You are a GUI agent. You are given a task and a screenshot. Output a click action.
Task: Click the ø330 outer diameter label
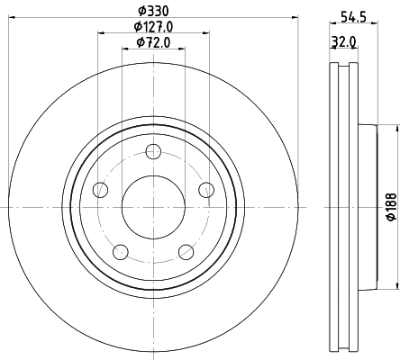tap(153, 11)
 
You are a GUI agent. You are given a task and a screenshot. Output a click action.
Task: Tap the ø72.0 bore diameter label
tap(153, 42)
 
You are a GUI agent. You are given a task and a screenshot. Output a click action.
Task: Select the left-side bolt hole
tap(100, 190)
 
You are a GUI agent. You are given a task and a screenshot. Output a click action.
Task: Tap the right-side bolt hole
tap(206, 189)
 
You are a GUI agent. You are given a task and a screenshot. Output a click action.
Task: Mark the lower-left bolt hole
tap(120, 251)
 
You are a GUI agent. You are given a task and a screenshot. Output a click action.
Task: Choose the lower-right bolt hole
tap(186, 251)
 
